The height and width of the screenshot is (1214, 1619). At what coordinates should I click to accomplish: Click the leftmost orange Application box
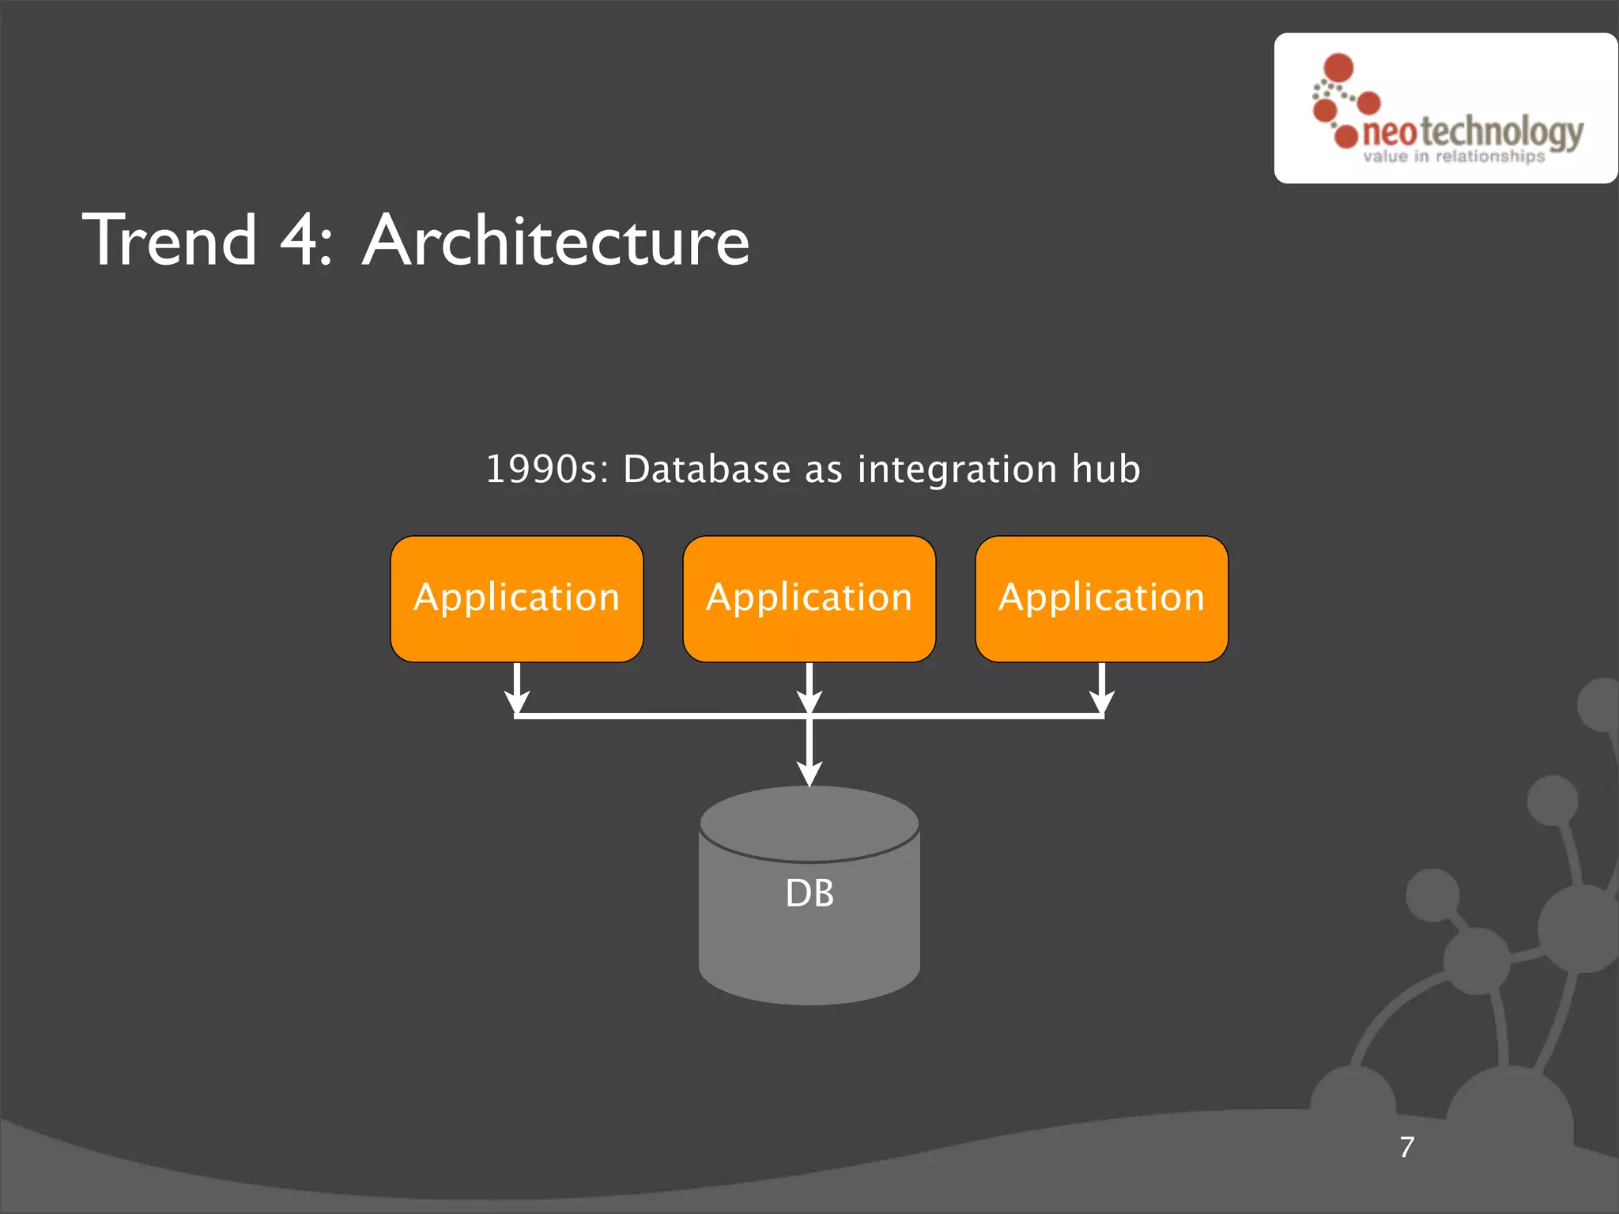516,598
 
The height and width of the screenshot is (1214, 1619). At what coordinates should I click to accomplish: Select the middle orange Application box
809,598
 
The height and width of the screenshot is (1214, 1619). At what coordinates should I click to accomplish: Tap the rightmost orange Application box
1101,598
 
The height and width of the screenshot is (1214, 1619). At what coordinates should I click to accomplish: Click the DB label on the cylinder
809,893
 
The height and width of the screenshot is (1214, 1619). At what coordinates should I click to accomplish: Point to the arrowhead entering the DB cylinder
809,773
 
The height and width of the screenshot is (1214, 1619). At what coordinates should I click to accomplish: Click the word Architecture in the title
556,240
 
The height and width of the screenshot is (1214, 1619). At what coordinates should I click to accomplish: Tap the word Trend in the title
170,240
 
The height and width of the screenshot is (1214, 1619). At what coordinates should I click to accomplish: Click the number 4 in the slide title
300,240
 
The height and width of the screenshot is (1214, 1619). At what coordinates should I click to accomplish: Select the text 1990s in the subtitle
546,469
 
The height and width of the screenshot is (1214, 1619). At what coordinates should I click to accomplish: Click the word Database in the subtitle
707,469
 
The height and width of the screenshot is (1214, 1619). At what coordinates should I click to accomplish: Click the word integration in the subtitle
957,469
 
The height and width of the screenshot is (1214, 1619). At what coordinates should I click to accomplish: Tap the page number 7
1407,1147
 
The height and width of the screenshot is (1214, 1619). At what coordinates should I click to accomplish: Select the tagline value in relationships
1453,156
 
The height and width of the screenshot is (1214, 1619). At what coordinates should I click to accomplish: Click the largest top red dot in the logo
1338,68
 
